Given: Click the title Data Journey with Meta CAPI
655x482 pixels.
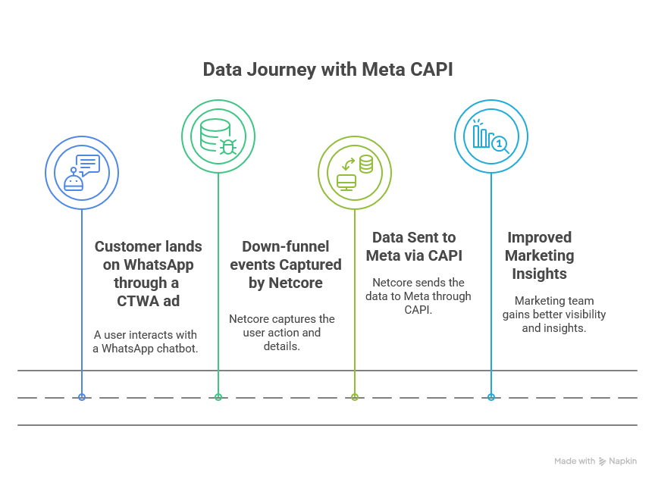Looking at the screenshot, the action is click(328, 70).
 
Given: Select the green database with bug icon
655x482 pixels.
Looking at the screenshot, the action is click(218, 136).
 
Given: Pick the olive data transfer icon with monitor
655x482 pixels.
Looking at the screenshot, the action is click(355, 173).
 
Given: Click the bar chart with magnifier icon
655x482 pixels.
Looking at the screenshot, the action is click(490, 136).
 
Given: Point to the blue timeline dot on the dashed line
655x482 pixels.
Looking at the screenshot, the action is click(82, 397).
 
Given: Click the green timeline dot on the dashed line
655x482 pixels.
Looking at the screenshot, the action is click(218, 397).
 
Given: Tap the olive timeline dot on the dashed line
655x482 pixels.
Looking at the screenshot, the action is click(355, 397).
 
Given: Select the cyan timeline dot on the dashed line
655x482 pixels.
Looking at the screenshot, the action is click(491, 397).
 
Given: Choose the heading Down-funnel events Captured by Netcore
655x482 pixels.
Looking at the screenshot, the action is click(286, 264).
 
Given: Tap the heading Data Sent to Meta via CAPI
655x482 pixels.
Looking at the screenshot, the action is click(414, 246).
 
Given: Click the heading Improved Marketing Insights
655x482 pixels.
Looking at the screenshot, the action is click(539, 255).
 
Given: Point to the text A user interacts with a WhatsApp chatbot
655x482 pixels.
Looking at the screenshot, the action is click(146, 342).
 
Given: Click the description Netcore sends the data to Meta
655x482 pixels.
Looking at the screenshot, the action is click(418, 296).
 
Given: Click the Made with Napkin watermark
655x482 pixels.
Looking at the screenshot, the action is click(596, 461).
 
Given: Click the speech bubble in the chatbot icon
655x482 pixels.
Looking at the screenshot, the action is click(88, 164).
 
